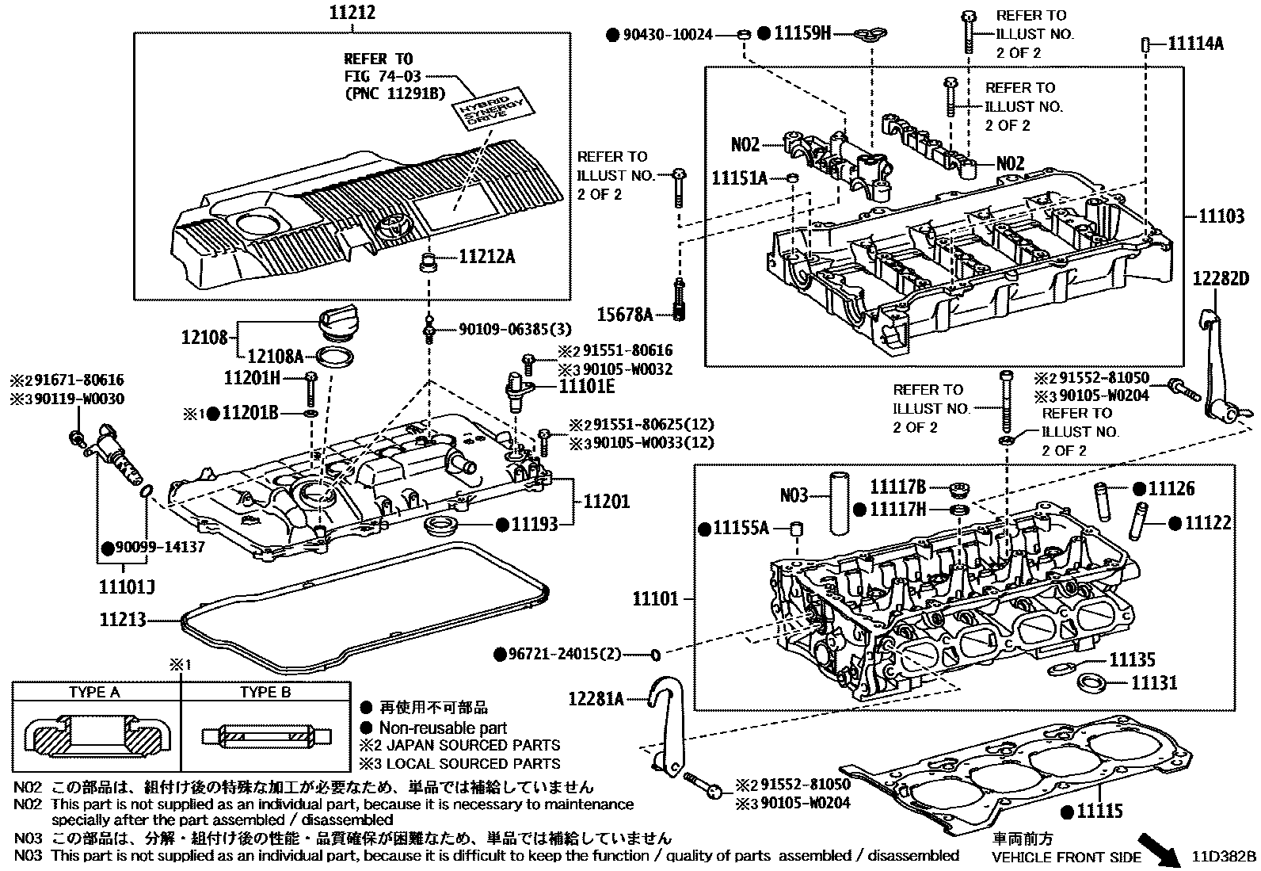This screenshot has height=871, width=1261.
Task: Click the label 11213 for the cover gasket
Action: click(x=123, y=619)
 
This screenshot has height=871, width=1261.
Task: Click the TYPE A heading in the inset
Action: click(x=94, y=692)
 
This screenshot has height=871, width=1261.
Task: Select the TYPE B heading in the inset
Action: click(x=265, y=692)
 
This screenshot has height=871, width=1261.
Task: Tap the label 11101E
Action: click(x=587, y=386)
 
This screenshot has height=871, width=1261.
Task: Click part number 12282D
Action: click(x=1221, y=278)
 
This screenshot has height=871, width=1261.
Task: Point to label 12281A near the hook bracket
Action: click(x=596, y=698)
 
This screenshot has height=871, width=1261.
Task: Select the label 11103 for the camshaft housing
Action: click(x=1221, y=216)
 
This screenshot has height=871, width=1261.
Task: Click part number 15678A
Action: click(x=626, y=315)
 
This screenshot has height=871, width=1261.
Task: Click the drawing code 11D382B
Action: click(x=1225, y=857)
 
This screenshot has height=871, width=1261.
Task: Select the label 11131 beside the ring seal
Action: click(x=1153, y=682)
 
